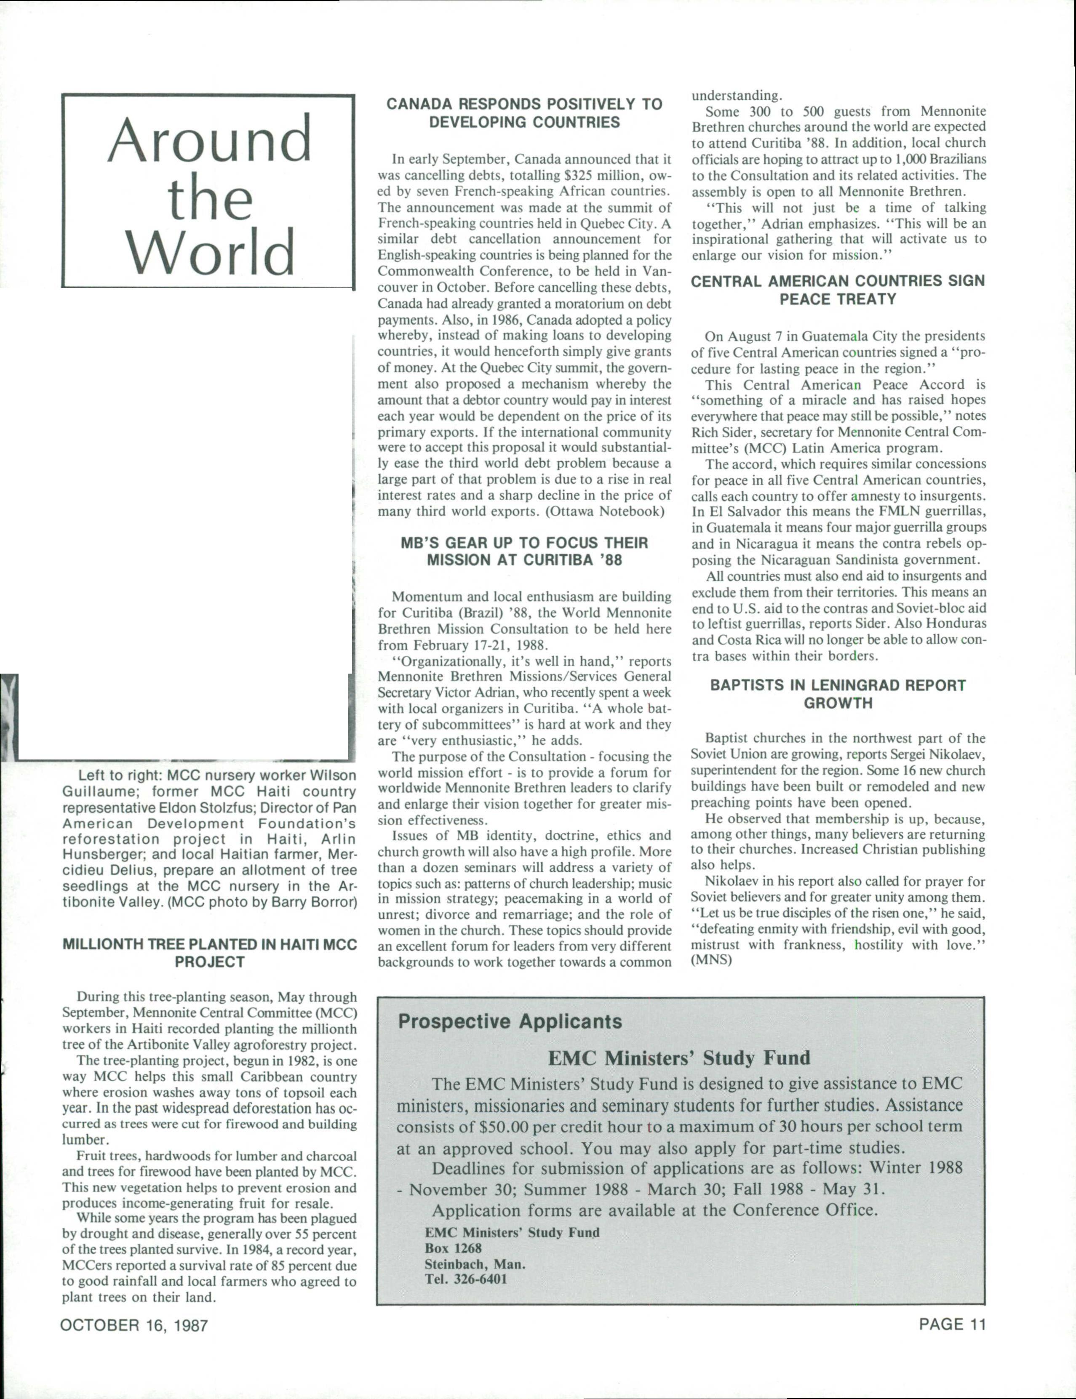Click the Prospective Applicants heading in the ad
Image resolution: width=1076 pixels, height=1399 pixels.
[510, 1021]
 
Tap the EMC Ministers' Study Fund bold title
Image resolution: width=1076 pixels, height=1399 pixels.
[679, 1057]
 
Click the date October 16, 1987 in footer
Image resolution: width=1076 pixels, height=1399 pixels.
[134, 1325]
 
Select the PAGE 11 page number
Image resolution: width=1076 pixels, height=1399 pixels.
[952, 1324]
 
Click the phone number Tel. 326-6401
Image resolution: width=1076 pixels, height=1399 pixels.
[466, 1279]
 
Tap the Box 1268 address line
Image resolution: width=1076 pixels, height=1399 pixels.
[453, 1248]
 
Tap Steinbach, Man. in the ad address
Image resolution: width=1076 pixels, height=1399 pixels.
[475, 1264]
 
